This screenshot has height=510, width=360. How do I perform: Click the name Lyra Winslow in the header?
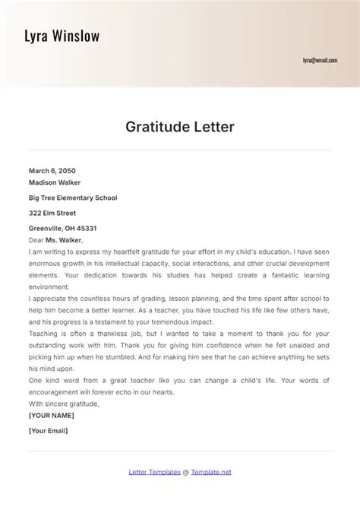(x=62, y=36)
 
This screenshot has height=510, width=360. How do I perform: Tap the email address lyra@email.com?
(x=320, y=60)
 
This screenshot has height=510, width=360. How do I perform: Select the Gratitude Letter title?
(x=180, y=126)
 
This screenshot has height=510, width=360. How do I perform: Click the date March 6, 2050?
(x=52, y=171)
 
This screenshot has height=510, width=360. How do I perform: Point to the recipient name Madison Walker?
(x=55, y=182)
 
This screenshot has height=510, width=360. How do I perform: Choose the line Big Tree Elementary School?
(x=73, y=198)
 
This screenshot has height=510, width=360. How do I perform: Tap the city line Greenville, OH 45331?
(x=62, y=228)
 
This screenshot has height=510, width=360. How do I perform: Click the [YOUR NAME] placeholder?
(x=52, y=416)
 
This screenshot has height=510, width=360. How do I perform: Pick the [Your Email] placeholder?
(x=48, y=431)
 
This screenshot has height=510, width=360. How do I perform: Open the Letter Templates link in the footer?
(x=154, y=472)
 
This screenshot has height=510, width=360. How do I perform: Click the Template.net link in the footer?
(x=212, y=472)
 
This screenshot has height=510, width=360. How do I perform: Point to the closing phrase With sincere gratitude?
(x=64, y=404)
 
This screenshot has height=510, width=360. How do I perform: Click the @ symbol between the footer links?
(x=186, y=472)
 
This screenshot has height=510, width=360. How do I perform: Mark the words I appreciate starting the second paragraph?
(x=48, y=298)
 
